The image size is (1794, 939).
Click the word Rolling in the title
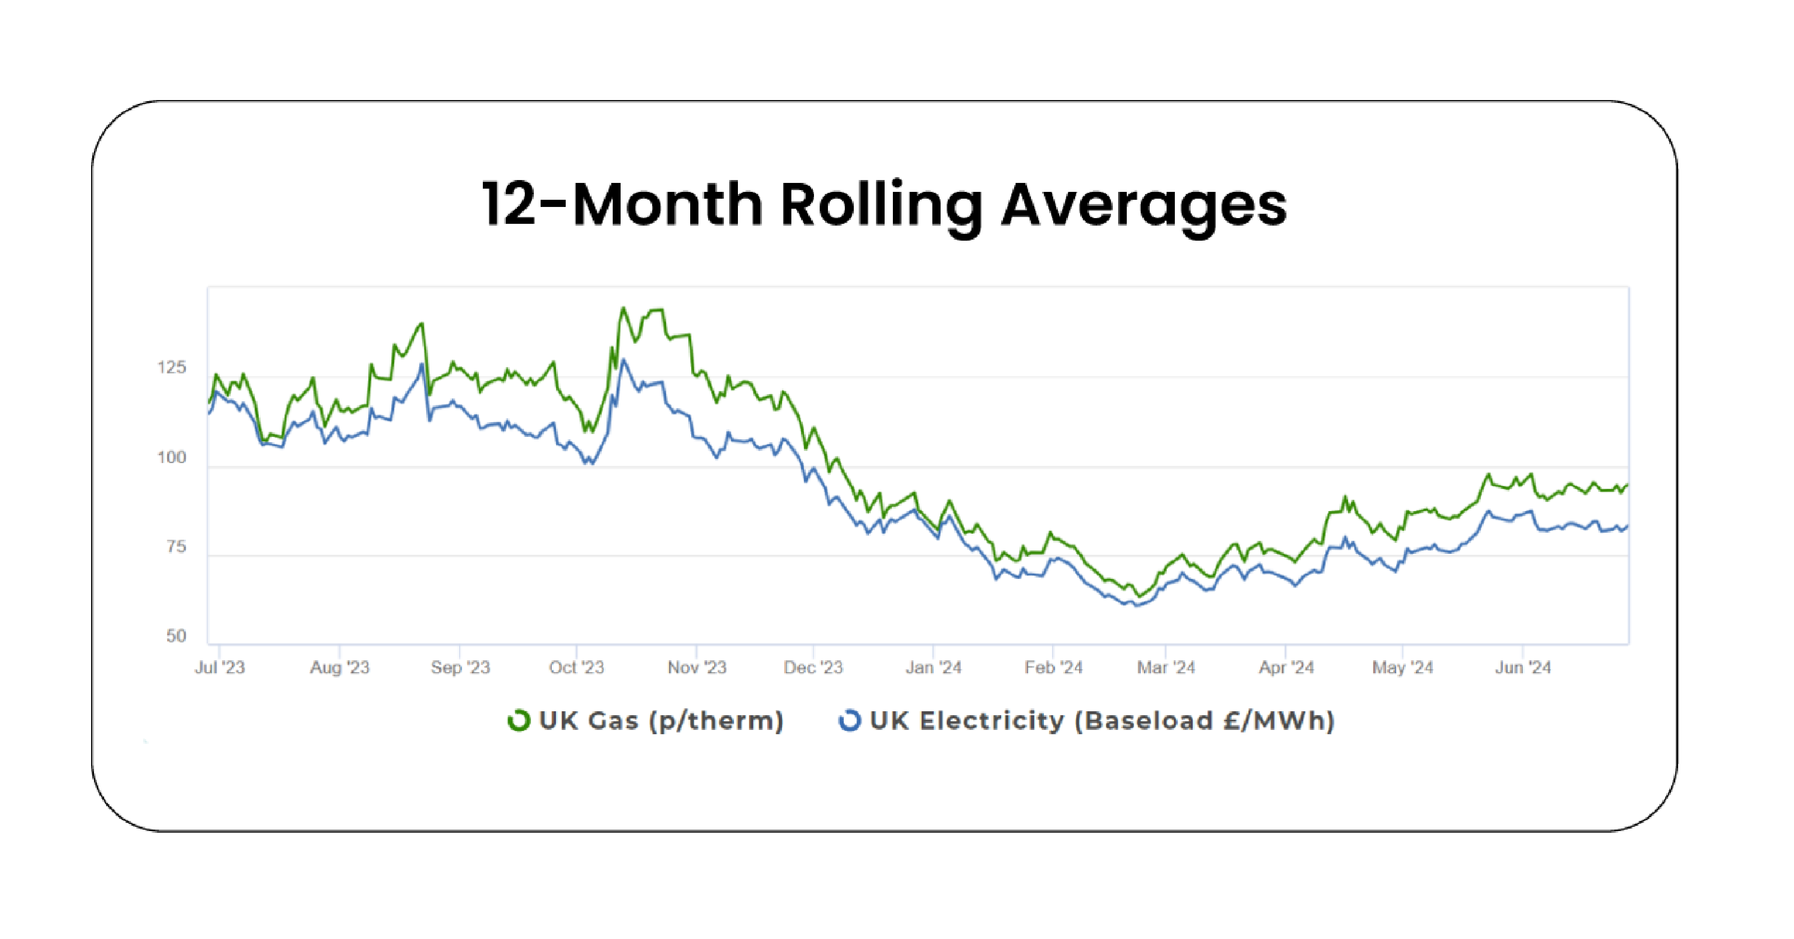pyautogui.click(x=881, y=206)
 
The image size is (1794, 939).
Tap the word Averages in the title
pyautogui.click(x=1144, y=206)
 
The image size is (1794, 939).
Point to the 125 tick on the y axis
pyautogui.click(x=171, y=368)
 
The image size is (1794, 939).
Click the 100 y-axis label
pyautogui.click(x=171, y=457)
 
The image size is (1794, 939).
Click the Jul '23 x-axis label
pyautogui.click(x=220, y=667)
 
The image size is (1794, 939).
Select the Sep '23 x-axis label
pyautogui.click(x=460, y=667)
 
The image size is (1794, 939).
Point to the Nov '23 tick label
pyautogui.click(x=697, y=667)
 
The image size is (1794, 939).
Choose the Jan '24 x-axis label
pyautogui.click(x=933, y=667)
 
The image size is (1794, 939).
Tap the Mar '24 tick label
pyautogui.click(x=1166, y=667)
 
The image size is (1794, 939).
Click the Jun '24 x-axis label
pyautogui.click(x=1523, y=667)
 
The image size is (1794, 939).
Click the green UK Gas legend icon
pyautogui.click(x=519, y=721)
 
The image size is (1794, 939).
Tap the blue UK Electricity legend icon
pyautogui.click(x=849, y=721)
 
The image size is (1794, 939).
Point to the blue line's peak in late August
pyautogui.click(x=422, y=364)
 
